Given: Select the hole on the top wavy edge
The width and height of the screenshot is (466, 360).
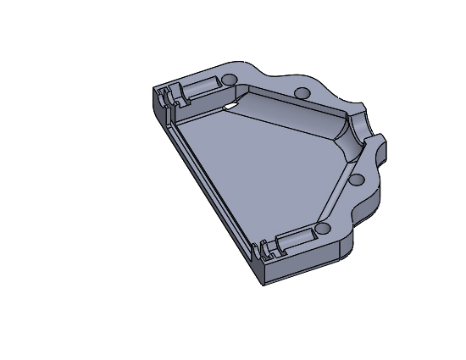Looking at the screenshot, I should coord(300,92).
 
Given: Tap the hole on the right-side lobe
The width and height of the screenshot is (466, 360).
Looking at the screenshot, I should coord(356,179).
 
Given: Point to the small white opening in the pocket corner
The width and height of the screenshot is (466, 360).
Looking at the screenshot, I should coord(230,106).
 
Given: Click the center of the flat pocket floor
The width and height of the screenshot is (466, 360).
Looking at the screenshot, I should coord(254,169).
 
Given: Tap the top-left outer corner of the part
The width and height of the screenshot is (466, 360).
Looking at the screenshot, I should coord(153,88).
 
